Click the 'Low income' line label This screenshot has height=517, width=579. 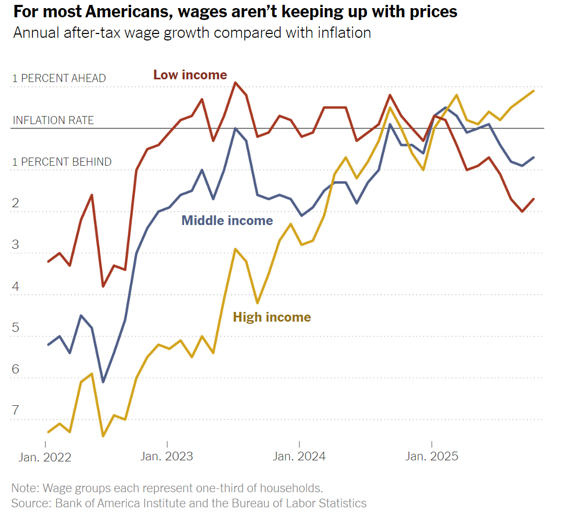pos(190,75)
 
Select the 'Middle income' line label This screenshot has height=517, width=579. pos(227,220)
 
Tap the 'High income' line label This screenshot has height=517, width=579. pos(272,317)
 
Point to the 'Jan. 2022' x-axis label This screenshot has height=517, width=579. pos(45,457)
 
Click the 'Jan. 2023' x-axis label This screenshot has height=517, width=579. pos(167,456)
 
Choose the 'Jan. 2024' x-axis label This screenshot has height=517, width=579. pos(299,456)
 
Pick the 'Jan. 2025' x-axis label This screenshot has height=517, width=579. pos(432,456)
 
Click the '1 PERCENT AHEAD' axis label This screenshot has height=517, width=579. pos(59,78)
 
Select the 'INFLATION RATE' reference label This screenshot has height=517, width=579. pos(53,120)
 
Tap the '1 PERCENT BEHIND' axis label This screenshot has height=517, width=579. pos(62,162)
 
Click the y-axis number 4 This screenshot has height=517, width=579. pos(16,287)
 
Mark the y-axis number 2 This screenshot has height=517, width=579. pos(16,203)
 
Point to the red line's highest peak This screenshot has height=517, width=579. pos(235,83)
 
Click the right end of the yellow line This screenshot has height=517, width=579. pos(534,91)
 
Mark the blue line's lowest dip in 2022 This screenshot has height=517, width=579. pos(103,382)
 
